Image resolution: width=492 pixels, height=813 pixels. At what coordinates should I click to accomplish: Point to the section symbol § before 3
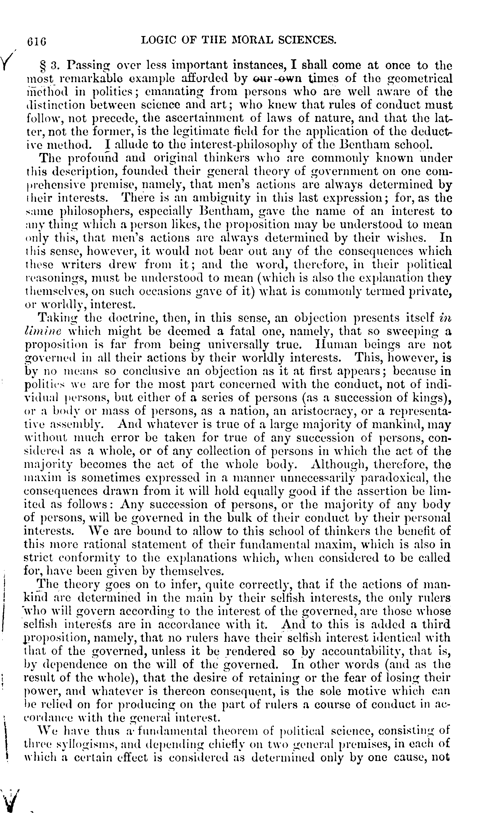coord(42,66)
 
